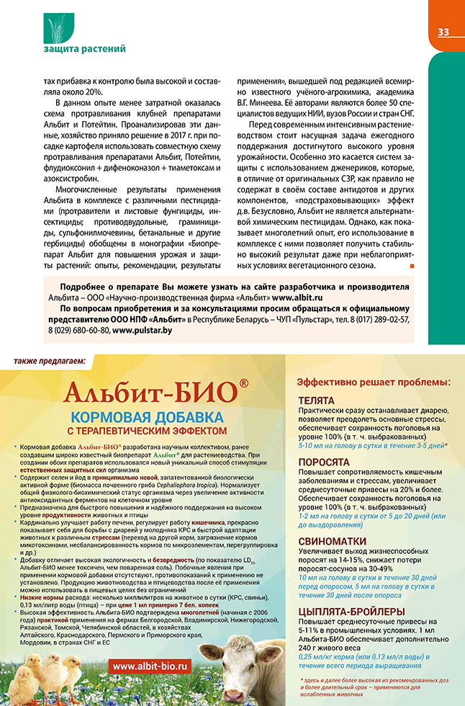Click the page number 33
pos(443,32)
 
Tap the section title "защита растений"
pos(84,49)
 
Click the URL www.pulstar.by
pos(143,329)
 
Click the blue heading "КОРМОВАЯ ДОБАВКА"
pos(148,417)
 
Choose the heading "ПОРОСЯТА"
pos(325,461)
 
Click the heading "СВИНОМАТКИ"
pos(333,540)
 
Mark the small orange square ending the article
pos(412,267)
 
